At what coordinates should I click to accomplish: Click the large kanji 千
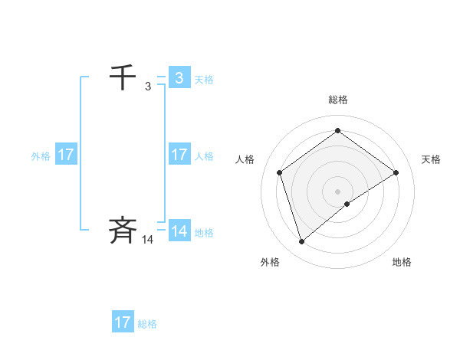[x=123, y=77]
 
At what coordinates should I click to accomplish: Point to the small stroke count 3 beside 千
[x=148, y=87]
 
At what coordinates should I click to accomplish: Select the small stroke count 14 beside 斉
[x=148, y=240]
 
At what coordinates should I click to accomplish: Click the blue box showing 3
[x=179, y=78]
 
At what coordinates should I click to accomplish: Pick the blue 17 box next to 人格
[x=179, y=155]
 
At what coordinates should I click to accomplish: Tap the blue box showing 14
[x=179, y=231]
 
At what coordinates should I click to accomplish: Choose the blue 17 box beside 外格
[x=65, y=155]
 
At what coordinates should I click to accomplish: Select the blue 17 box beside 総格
[x=123, y=322]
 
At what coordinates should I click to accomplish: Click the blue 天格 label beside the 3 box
[x=204, y=80]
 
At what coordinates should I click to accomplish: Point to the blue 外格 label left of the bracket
[x=41, y=156]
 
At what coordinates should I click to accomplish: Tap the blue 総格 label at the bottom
[x=147, y=324]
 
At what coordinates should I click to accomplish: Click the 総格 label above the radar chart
[x=337, y=100]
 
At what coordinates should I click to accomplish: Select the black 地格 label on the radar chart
[x=402, y=262]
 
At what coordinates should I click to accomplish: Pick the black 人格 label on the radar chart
[x=245, y=159]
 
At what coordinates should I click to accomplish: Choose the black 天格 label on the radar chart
[x=431, y=159]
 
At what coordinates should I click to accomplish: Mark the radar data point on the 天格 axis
[x=396, y=172]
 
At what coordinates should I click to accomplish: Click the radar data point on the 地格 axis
[x=347, y=204]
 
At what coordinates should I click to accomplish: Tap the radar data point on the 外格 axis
[x=301, y=242]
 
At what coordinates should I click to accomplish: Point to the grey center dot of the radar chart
[x=337, y=191]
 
